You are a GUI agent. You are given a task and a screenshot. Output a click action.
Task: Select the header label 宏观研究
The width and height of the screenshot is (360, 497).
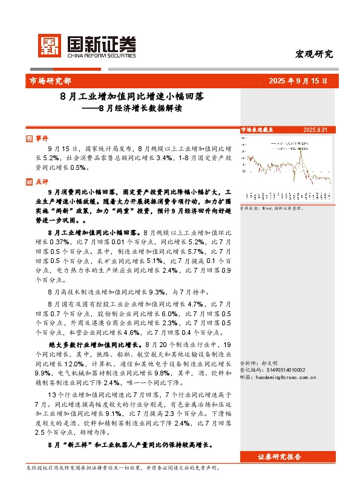tap(313, 54)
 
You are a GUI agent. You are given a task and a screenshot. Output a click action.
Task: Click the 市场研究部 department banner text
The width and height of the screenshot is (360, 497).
tap(50, 80)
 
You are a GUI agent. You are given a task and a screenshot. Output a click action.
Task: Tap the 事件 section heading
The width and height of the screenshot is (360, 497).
tap(42, 138)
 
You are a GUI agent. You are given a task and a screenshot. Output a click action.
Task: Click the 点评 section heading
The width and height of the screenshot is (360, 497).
tap(42, 181)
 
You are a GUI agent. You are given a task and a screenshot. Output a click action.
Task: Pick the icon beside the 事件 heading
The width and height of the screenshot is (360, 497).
tap(30, 138)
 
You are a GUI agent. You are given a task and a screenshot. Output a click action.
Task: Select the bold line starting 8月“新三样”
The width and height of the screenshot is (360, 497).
tap(129, 444)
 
